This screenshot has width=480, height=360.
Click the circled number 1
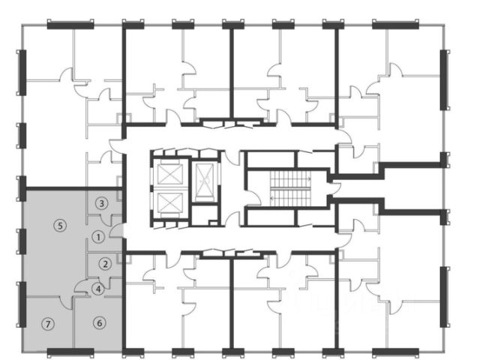(x=98, y=237)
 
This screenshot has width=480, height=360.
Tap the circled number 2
(x=106, y=264)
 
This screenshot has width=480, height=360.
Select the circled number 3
(x=102, y=203)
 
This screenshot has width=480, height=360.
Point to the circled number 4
(x=98, y=289)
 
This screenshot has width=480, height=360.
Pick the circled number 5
(x=60, y=226)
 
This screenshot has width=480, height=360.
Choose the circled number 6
(x=100, y=323)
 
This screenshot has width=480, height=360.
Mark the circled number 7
(x=48, y=324)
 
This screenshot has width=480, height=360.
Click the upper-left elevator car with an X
(x=169, y=174)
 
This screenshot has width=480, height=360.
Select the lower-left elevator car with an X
(x=169, y=202)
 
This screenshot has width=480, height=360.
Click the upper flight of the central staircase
(x=290, y=178)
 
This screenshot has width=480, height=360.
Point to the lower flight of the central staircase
(x=290, y=198)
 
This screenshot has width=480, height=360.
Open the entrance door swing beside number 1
(x=116, y=232)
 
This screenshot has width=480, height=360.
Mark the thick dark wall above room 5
(x=74, y=188)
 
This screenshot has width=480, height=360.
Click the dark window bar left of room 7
(x=22, y=304)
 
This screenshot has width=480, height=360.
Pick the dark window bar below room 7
(x=70, y=352)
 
